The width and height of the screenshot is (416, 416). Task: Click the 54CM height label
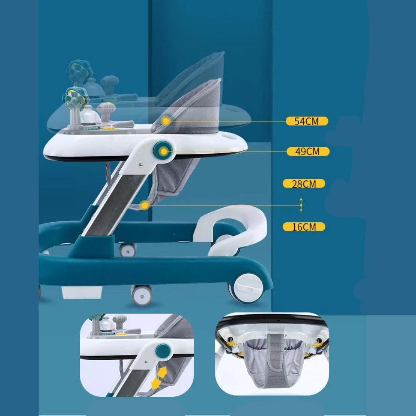(307, 121)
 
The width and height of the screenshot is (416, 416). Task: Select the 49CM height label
(308, 151)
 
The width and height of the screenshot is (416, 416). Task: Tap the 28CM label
(304, 184)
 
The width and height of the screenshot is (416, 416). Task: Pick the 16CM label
(304, 227)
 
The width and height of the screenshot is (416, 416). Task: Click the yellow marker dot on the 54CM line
(166, 121)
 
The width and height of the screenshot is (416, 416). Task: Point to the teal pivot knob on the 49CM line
(163, 151)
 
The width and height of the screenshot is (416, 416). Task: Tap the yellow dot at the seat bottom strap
(145, 205)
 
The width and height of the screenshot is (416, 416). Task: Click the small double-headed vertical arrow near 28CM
(301, 205)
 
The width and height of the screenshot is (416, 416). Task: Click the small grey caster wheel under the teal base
(142, 295)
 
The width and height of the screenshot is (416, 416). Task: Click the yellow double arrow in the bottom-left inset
(159, 377)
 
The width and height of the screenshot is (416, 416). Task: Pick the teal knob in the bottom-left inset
(163, 351)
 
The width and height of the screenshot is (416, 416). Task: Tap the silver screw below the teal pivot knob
(140, 165)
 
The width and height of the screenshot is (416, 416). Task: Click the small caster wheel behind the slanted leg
(127, 250)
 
